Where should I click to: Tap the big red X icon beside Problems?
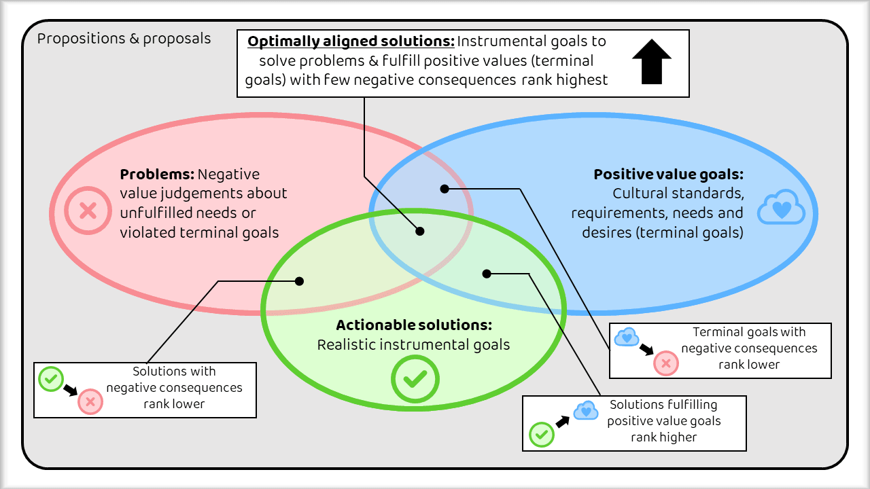(88, 211)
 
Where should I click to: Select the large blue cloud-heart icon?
(782, 208)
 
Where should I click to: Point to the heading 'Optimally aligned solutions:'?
(351, 41)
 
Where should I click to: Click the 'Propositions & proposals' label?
(124, 38)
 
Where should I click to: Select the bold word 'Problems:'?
(157, 175)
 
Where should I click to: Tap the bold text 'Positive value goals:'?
(668, 175)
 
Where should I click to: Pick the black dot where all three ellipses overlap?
(420, 232)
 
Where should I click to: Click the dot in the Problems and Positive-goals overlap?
(445, 189)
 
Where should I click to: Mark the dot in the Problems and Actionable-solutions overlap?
(299, 280)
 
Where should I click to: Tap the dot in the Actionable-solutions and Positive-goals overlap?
(486, 274)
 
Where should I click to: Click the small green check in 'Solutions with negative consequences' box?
(51, 379)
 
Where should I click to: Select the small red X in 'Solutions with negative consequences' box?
(90, 402)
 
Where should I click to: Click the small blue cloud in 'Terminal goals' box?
(627, 336)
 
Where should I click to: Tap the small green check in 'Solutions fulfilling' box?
(542, 434)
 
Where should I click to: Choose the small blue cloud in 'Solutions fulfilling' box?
(585, 410)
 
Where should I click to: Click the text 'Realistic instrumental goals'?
(413, 345)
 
